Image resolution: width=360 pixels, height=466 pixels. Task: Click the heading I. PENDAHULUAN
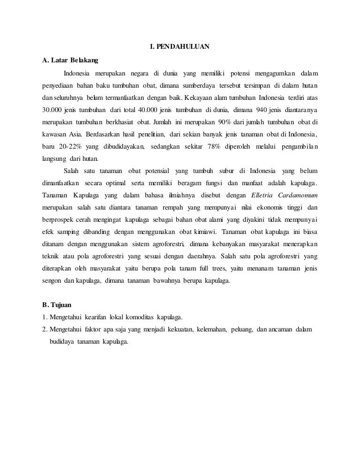click(180, 47)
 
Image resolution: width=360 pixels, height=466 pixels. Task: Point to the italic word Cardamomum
click(301, 195)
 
